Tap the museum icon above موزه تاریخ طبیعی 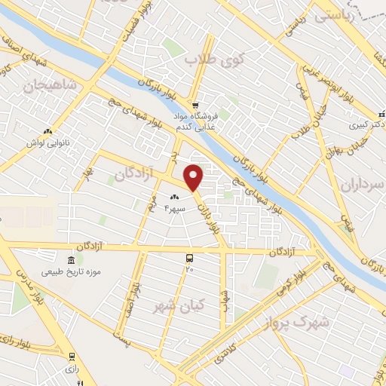[x=79, y=258]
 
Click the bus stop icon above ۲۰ [x=189, y=257]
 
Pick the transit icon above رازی [x=72, y=357]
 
